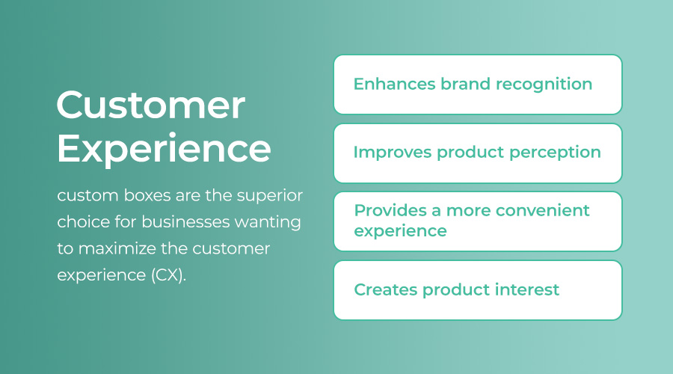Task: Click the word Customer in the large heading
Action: coord(150,105)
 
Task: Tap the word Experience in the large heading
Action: coord(164,149)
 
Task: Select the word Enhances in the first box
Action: coord(394,84)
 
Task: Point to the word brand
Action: coord(466,84)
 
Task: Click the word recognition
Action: coord(544,85)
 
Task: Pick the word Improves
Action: coord(393,153)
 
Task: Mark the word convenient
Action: coord(543,210)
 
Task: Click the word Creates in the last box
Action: coord(385,289)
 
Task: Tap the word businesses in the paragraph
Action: coord(185,222)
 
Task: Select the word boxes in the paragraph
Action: coord(147,195)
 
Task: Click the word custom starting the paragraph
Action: coord(87,196)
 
